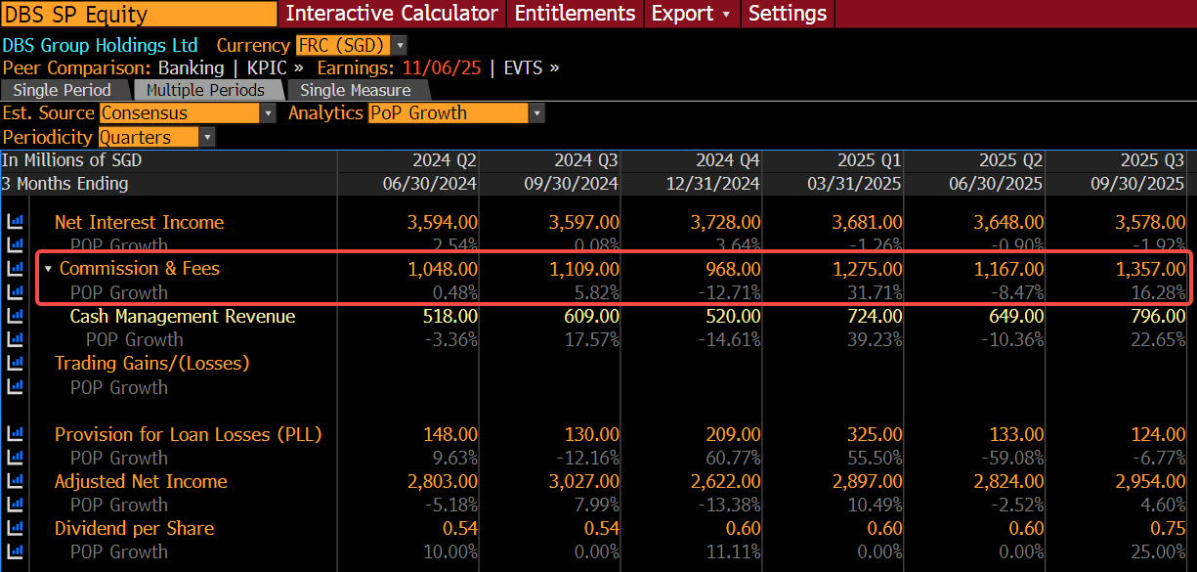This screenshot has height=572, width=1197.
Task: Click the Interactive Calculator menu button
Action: (x=392, y=14)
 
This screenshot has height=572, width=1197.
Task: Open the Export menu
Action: (x=692, y=14)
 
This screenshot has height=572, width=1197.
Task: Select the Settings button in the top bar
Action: (x=788, y=14)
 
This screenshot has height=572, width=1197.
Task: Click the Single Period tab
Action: (x=62, y=90)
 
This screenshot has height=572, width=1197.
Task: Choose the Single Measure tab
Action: (x=356, y=90)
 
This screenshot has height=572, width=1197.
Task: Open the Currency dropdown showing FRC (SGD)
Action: (x=351, y=45)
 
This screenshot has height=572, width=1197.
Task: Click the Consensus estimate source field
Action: (x=187, y=113)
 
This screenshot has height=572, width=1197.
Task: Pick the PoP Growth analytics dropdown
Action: (x=456, y=113)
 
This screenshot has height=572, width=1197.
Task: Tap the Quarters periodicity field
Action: (x=156, y=138)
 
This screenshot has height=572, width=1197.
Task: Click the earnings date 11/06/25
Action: (x=442, y=68)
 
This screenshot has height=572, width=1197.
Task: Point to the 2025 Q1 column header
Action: (x=869, y=159)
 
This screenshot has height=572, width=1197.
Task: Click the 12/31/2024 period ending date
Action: (x=712, y=184)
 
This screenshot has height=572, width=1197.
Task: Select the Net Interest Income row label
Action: (x=139, y=222)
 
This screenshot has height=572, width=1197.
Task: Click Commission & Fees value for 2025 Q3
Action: (x=1150, y=269)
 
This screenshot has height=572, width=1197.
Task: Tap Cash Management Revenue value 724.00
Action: (x=875, y=317)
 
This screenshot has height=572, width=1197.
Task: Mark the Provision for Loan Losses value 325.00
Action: (x=875, y=434)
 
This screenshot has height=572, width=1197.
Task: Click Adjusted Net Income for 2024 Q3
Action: (x=584, y=482)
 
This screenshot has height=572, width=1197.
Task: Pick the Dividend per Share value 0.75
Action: (x=1168, y=529)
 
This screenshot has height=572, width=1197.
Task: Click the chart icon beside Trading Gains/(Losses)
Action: (x=15, y=363)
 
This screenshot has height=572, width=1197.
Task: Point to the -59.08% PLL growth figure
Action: (x=1012, y=459)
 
